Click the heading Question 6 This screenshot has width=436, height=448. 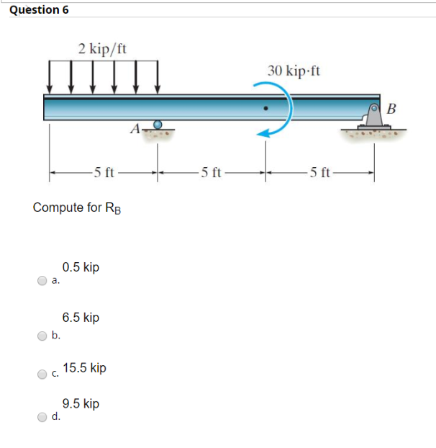(35, 9)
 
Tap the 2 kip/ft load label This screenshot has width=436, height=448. (103, 49)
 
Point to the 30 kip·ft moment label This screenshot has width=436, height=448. (294, 71)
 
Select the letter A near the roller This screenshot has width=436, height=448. (135, 130)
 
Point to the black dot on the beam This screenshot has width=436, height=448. (266, 111)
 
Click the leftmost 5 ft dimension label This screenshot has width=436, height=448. (103, 172)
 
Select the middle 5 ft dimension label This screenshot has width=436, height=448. (212, 172)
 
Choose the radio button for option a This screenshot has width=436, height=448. (43, 282)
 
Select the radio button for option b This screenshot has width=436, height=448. (43, 334)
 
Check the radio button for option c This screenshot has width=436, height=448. (43, 374)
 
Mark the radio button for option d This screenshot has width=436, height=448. (43, 416)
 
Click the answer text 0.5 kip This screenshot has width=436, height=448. (81, 267)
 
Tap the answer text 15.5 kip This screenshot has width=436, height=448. (84, 367)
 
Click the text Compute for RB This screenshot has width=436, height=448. (77, 208)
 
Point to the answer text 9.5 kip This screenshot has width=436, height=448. (81, 403)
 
